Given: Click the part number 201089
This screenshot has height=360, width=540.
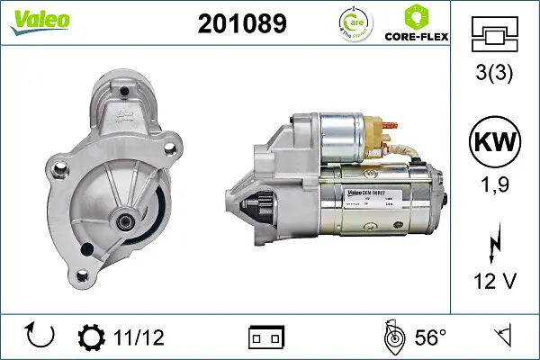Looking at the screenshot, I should pos(241,24).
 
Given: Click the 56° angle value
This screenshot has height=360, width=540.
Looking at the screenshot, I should pos(430,337).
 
